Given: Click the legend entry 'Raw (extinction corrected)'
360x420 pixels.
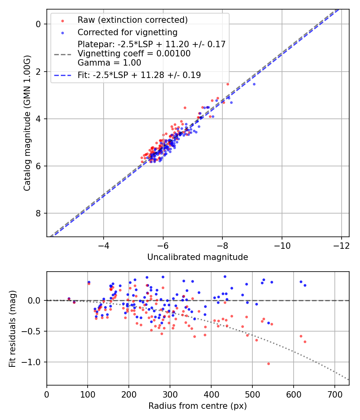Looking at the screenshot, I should pos(132,20).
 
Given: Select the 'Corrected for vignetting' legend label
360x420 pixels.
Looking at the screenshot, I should pos(127,32).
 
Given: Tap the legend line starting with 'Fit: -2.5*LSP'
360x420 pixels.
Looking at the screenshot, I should pos(139,75).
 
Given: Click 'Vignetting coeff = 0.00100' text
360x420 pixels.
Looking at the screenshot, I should pos(134,54).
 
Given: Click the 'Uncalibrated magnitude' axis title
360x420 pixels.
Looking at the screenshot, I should pos(198,257).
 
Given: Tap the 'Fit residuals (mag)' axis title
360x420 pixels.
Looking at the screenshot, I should pos(12,328).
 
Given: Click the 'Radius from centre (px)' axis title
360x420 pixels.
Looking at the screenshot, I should pos(198,406).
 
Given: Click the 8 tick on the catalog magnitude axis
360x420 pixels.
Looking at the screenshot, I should pos(39,213).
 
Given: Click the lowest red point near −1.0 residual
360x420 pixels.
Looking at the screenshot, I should pos(268,364).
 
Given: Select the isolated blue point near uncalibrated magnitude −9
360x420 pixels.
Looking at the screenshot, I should pos(254,84).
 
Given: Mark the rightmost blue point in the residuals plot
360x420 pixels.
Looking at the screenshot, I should pos(305,285).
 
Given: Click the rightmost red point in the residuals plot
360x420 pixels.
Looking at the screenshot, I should pos(305,342).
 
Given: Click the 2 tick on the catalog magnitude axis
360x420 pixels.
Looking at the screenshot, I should pos(39,72).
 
